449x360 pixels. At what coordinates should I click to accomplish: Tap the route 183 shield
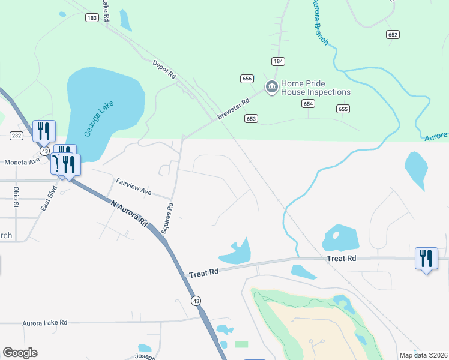91,18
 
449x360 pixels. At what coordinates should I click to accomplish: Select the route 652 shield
393,35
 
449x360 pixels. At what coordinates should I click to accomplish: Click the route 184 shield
277,61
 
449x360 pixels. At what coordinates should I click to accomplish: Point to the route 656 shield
247,79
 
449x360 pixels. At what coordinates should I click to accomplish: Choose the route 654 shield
308,104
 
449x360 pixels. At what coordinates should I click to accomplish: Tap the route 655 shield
343,109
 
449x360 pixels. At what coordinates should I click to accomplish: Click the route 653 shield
251,119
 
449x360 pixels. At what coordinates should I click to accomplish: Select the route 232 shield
16,136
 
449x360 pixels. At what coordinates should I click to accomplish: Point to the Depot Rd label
164,70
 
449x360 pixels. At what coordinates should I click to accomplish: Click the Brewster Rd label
234,109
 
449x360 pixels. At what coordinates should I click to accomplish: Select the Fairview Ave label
133,187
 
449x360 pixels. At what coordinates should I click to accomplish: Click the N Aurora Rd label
130,212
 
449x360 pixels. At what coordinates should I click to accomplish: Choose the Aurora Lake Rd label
45,323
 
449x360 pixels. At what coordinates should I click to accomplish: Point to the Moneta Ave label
22,162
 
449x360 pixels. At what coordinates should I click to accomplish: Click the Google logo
20,353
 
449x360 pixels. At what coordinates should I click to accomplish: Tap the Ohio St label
16,196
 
